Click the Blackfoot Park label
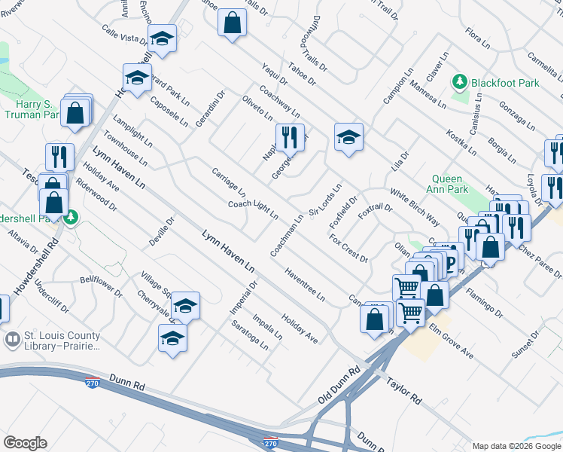pos(500,81)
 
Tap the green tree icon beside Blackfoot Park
pos(458,81)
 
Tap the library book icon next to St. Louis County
pos(11,338)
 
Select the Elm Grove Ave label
pos(452,341)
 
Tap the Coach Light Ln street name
pos(253,209)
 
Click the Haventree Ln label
pos(305,286)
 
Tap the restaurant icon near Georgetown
pos(290,138)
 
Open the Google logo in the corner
pos(25,442)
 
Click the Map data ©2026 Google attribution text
pos(516,446)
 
